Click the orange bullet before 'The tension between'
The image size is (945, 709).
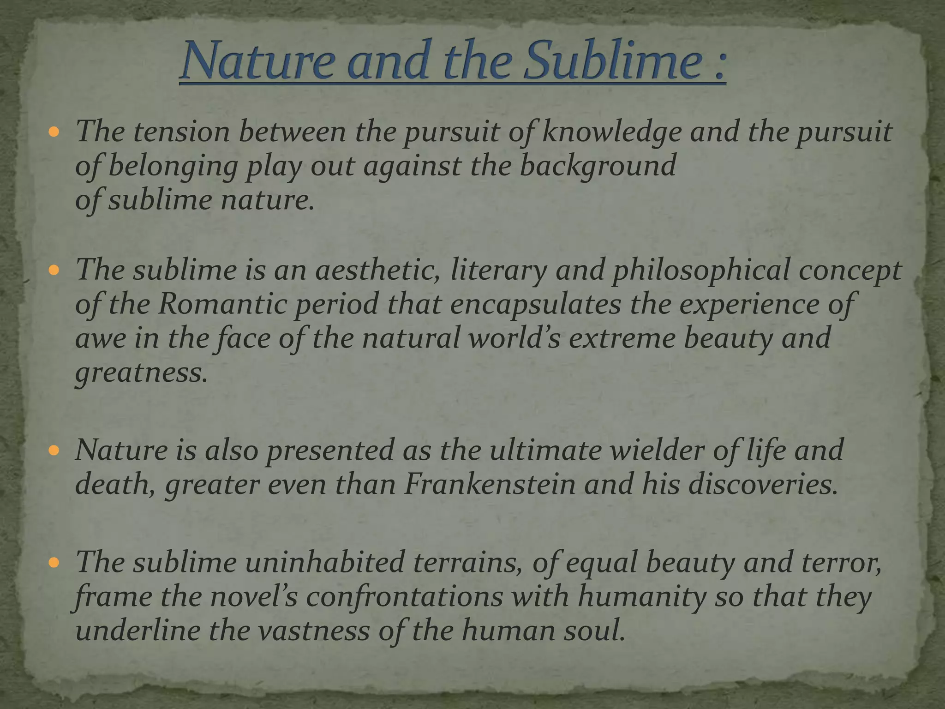click(54, 133)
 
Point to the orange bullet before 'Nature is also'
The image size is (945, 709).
click(54, 451)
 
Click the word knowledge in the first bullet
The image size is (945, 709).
click(612, 133)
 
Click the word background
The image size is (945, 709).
click(598, 166)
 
